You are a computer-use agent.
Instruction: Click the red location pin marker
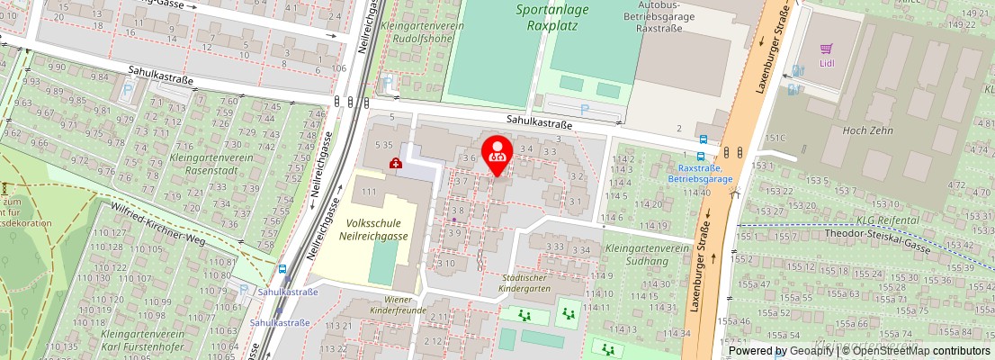[x=497, y=153]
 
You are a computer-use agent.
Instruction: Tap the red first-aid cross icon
[x=395, y=163]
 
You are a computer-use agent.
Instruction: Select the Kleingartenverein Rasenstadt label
[x=203, y=164]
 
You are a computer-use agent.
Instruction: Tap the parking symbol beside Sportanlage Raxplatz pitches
[x=584, y=110]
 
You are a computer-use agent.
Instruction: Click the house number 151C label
[x=775, y=138]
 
